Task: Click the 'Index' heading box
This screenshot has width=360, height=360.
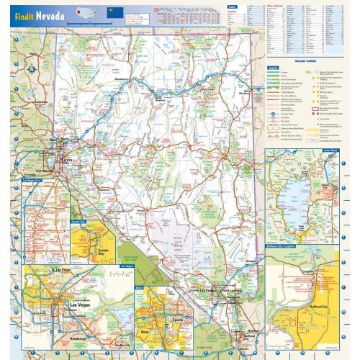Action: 231,6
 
